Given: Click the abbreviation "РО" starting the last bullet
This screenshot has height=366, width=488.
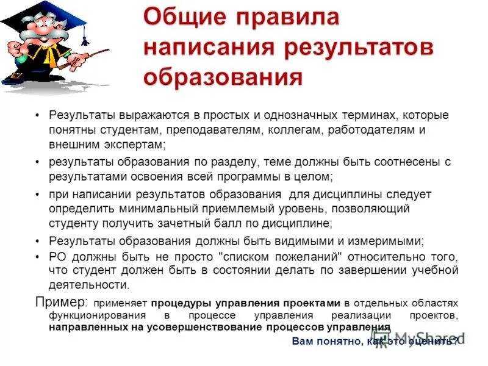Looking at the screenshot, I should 57,256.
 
